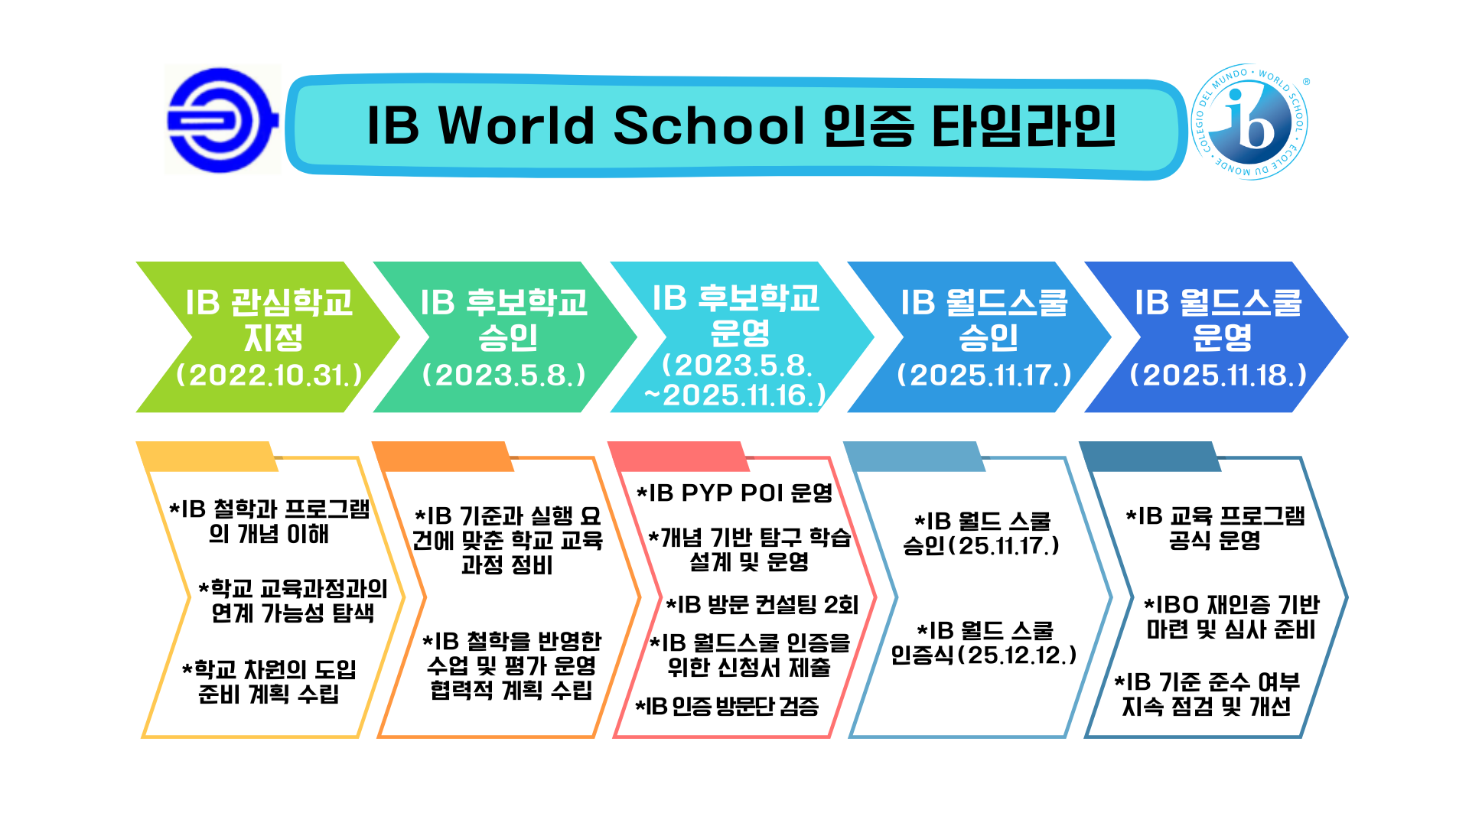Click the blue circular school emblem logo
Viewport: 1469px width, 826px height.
(222, 120)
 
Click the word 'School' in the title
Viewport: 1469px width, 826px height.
(709, 125)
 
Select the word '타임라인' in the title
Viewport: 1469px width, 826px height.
(1024, 125)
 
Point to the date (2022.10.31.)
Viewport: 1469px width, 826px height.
(269, 375)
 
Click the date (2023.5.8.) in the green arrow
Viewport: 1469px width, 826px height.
(504, 375)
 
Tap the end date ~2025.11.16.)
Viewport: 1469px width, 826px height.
(735, 395)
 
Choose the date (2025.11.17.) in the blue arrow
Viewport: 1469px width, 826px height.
(984, 375)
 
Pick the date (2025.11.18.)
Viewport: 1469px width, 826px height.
(1218, 375)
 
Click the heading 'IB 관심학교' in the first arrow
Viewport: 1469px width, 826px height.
(269, 302)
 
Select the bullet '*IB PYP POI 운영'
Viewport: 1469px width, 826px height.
(734, 493)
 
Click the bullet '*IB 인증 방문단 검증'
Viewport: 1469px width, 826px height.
(727, 706)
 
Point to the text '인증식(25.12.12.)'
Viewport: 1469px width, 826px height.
(984, 655)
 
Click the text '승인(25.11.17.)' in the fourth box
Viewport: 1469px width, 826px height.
(982, 546)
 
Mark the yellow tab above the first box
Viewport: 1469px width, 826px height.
(207, 456)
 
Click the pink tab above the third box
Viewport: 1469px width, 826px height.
(679, 456)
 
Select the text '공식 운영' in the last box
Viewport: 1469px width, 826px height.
(1214, 541)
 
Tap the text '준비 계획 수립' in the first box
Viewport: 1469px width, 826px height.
(269, 694)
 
